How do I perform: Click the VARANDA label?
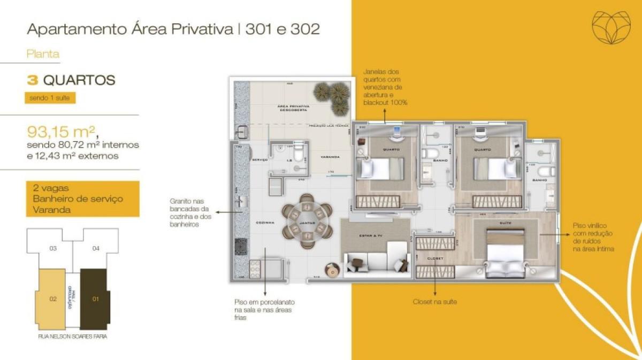coord(330,157)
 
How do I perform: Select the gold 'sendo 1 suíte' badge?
coord(49,98)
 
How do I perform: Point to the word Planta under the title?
coord(43,53)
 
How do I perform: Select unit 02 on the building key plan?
coord(52,299)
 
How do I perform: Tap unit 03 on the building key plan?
coord(52,248)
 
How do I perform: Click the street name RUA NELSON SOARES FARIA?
coord(73,337)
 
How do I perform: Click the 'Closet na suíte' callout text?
coord(434,302)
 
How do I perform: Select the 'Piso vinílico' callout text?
coord(593,237)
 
